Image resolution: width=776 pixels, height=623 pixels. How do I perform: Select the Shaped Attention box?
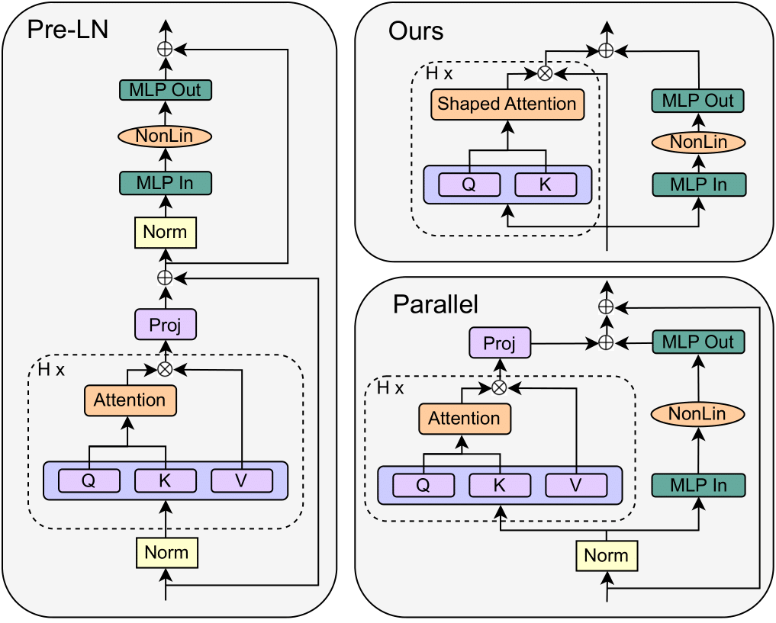pos(507,104)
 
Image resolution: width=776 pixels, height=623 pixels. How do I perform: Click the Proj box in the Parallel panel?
pos(500,344)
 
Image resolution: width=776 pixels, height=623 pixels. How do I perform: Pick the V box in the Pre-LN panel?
pos(242,480)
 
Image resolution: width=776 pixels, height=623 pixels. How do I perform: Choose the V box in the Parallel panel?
pos(576,485)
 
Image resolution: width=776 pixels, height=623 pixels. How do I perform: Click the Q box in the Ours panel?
pos(469,185)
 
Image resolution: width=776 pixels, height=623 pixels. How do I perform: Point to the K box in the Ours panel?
pos(546,185)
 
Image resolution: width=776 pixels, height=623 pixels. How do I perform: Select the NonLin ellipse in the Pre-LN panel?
pos(165,136)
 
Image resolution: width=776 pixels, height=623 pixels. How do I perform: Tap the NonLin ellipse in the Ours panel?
pos(697,143)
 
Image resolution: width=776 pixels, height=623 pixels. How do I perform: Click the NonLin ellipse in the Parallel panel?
pos(697,414)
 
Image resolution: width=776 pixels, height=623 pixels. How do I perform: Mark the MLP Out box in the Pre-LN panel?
pos(165,90)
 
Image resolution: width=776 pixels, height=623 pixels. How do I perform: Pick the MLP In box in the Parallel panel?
pos(697,485)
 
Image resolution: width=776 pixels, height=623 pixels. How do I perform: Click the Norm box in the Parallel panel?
pos(607,556)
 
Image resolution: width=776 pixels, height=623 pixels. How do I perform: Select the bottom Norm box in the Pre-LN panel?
pos(166,552)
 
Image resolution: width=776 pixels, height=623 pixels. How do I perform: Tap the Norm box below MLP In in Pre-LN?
pos(166,232)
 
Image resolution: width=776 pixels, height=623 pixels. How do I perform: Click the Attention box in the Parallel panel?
pos(464,419)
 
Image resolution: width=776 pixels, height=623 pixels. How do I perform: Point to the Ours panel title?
pos(416,31)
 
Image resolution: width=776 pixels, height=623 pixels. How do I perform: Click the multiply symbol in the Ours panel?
pos(545,72)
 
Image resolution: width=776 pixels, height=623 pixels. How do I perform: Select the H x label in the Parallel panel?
pos(391,387)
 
